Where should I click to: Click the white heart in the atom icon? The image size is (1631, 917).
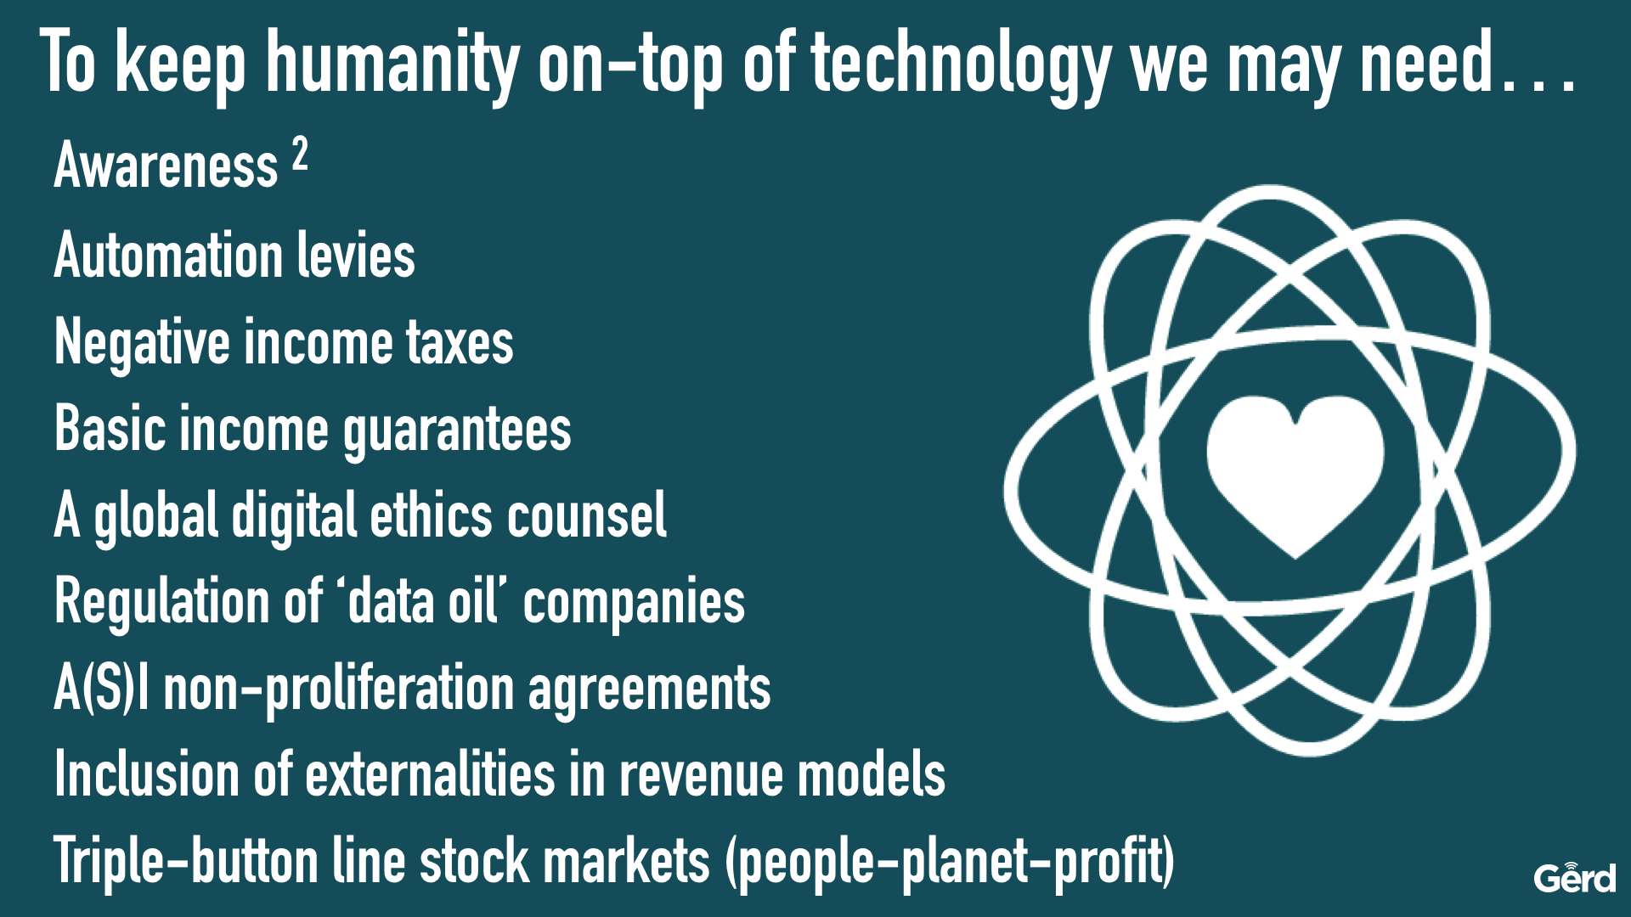(x=1295, y=475)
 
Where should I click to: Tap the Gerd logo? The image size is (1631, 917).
(x=1574, y=876)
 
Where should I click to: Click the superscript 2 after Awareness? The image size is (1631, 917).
(x=300, y=155)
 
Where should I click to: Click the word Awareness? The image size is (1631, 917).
(x=166, y=165)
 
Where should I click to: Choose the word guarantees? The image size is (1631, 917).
(x=457, y=431)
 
